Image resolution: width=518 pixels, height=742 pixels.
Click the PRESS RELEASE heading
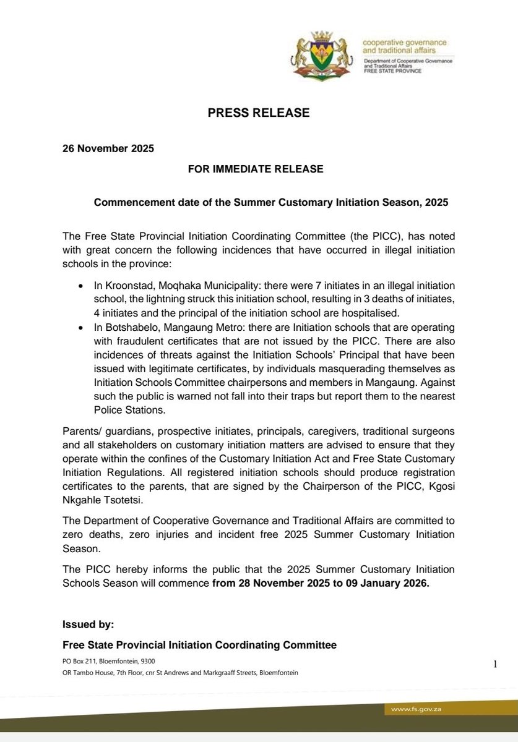(259, 113)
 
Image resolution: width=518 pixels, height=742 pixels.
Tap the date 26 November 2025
(108, 149)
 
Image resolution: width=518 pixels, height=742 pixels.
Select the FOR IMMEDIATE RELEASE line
(259, 168)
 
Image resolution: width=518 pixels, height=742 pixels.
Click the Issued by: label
(88, 625)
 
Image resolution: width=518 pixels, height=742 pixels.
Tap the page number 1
(495, 664)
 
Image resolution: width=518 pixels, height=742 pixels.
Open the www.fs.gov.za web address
(417, 709)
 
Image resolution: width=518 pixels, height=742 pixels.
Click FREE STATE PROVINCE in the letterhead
(392, 71)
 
